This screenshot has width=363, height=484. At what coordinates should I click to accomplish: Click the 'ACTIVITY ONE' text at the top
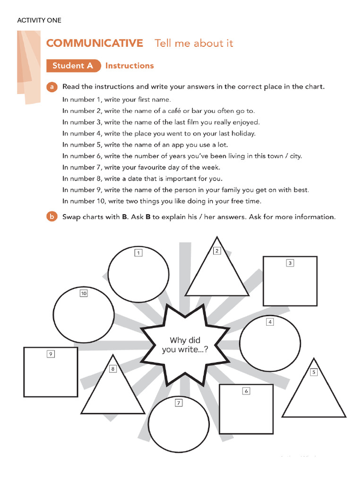[39, 20]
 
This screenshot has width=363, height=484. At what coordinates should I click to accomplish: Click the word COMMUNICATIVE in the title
[95, 43]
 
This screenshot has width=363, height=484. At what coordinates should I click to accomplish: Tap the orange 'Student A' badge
[73, 66]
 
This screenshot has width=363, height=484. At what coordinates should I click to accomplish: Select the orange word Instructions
[130, 66]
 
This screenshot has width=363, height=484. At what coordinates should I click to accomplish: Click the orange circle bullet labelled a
[52, 87]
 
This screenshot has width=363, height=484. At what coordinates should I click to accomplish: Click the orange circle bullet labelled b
[52, 217]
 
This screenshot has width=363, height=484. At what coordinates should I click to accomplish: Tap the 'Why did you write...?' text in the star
[185, 345]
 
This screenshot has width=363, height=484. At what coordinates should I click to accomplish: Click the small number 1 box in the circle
[138, 253]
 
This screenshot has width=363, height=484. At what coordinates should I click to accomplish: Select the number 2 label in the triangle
[217, 251]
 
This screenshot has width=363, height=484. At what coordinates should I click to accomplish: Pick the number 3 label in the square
[290, 263]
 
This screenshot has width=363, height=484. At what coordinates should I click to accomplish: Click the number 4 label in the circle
[270, 322]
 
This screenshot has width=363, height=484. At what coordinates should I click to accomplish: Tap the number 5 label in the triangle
[313, 372]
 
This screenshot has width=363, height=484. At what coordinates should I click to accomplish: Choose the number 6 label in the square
[246, 391]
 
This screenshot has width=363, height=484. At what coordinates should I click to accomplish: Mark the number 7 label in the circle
[178, 403]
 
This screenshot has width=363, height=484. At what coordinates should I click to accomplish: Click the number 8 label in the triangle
[112, 369]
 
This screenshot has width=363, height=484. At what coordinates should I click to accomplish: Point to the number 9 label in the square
[51, 354]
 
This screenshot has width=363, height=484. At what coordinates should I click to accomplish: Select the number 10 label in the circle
[84, 294]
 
